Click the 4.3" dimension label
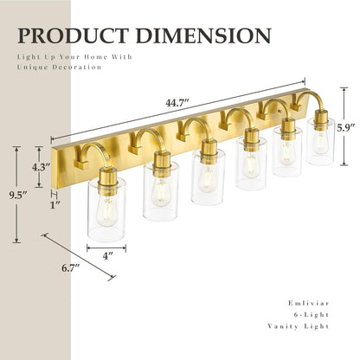(39, 167)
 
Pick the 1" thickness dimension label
(55, 204)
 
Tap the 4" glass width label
(107, 256)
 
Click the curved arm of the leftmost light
(93, 155)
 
